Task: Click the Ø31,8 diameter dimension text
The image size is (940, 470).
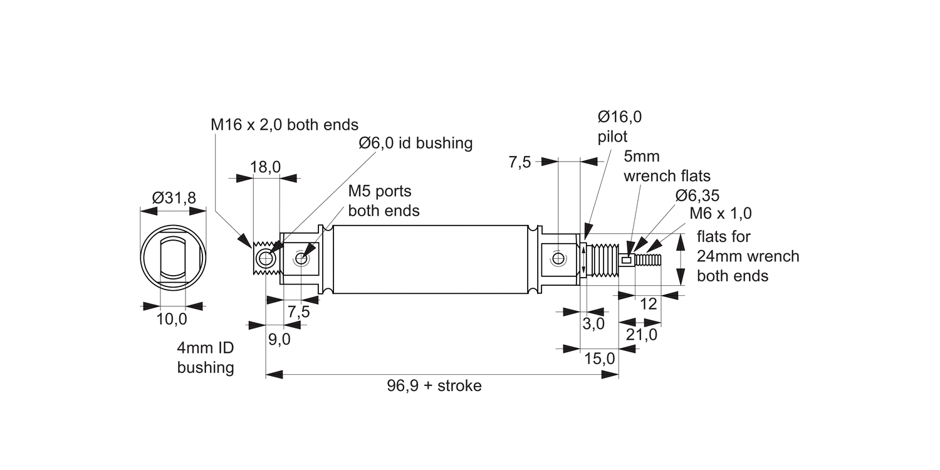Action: point(174,198)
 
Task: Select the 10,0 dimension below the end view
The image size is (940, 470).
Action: point(172,319)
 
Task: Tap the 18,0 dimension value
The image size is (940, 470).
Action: point(265,167)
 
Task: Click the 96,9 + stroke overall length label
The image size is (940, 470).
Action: point(434,385)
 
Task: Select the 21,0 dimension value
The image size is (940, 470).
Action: point(641,335)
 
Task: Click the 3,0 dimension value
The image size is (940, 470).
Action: point(593,323)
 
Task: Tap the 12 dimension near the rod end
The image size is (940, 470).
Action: point(649,304)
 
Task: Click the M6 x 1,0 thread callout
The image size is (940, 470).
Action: point(720,213)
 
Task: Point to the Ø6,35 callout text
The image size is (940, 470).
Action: point(697,195)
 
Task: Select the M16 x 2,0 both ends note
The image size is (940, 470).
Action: point(284,124)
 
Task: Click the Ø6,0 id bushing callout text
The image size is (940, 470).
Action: point(415,143)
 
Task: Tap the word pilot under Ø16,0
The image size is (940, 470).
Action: point(612,136)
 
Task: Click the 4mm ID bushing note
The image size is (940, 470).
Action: point(206,358)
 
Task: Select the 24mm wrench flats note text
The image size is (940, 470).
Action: point(748,256)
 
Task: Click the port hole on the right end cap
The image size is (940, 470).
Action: point(558,258)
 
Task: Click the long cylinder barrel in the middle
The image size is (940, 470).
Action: point(431,259)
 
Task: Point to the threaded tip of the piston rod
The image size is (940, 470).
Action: point(649,259)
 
